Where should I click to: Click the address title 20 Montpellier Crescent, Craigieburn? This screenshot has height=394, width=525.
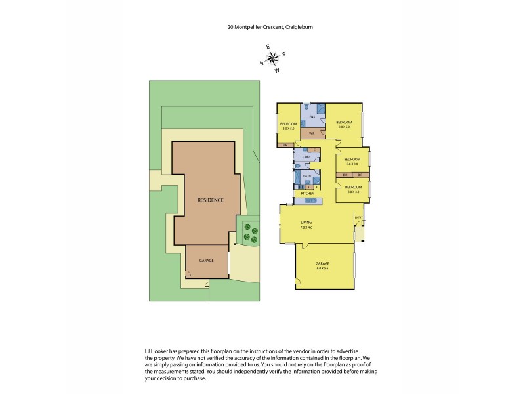[x=262, y=28]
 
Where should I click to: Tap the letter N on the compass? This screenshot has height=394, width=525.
[x=262, y=63]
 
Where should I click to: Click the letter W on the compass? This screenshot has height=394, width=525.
[x=277, y=70]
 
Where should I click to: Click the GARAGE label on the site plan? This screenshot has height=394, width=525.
[x=207, y=261]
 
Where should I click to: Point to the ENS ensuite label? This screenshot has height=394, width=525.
[x=312, y=116]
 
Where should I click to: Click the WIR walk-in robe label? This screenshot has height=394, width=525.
[x=312, y=133]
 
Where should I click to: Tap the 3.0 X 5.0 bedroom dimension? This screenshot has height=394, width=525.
[x=287, y=129]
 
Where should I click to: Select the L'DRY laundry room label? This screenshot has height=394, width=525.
[x=305, y=156]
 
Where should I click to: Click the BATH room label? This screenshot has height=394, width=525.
[x=306, y=176]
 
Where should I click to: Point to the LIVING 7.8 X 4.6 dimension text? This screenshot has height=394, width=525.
[x=306, y=227]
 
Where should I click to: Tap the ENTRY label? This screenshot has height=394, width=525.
[x=358, y=217]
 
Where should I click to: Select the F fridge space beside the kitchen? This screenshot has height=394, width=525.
[x=316, y=187]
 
